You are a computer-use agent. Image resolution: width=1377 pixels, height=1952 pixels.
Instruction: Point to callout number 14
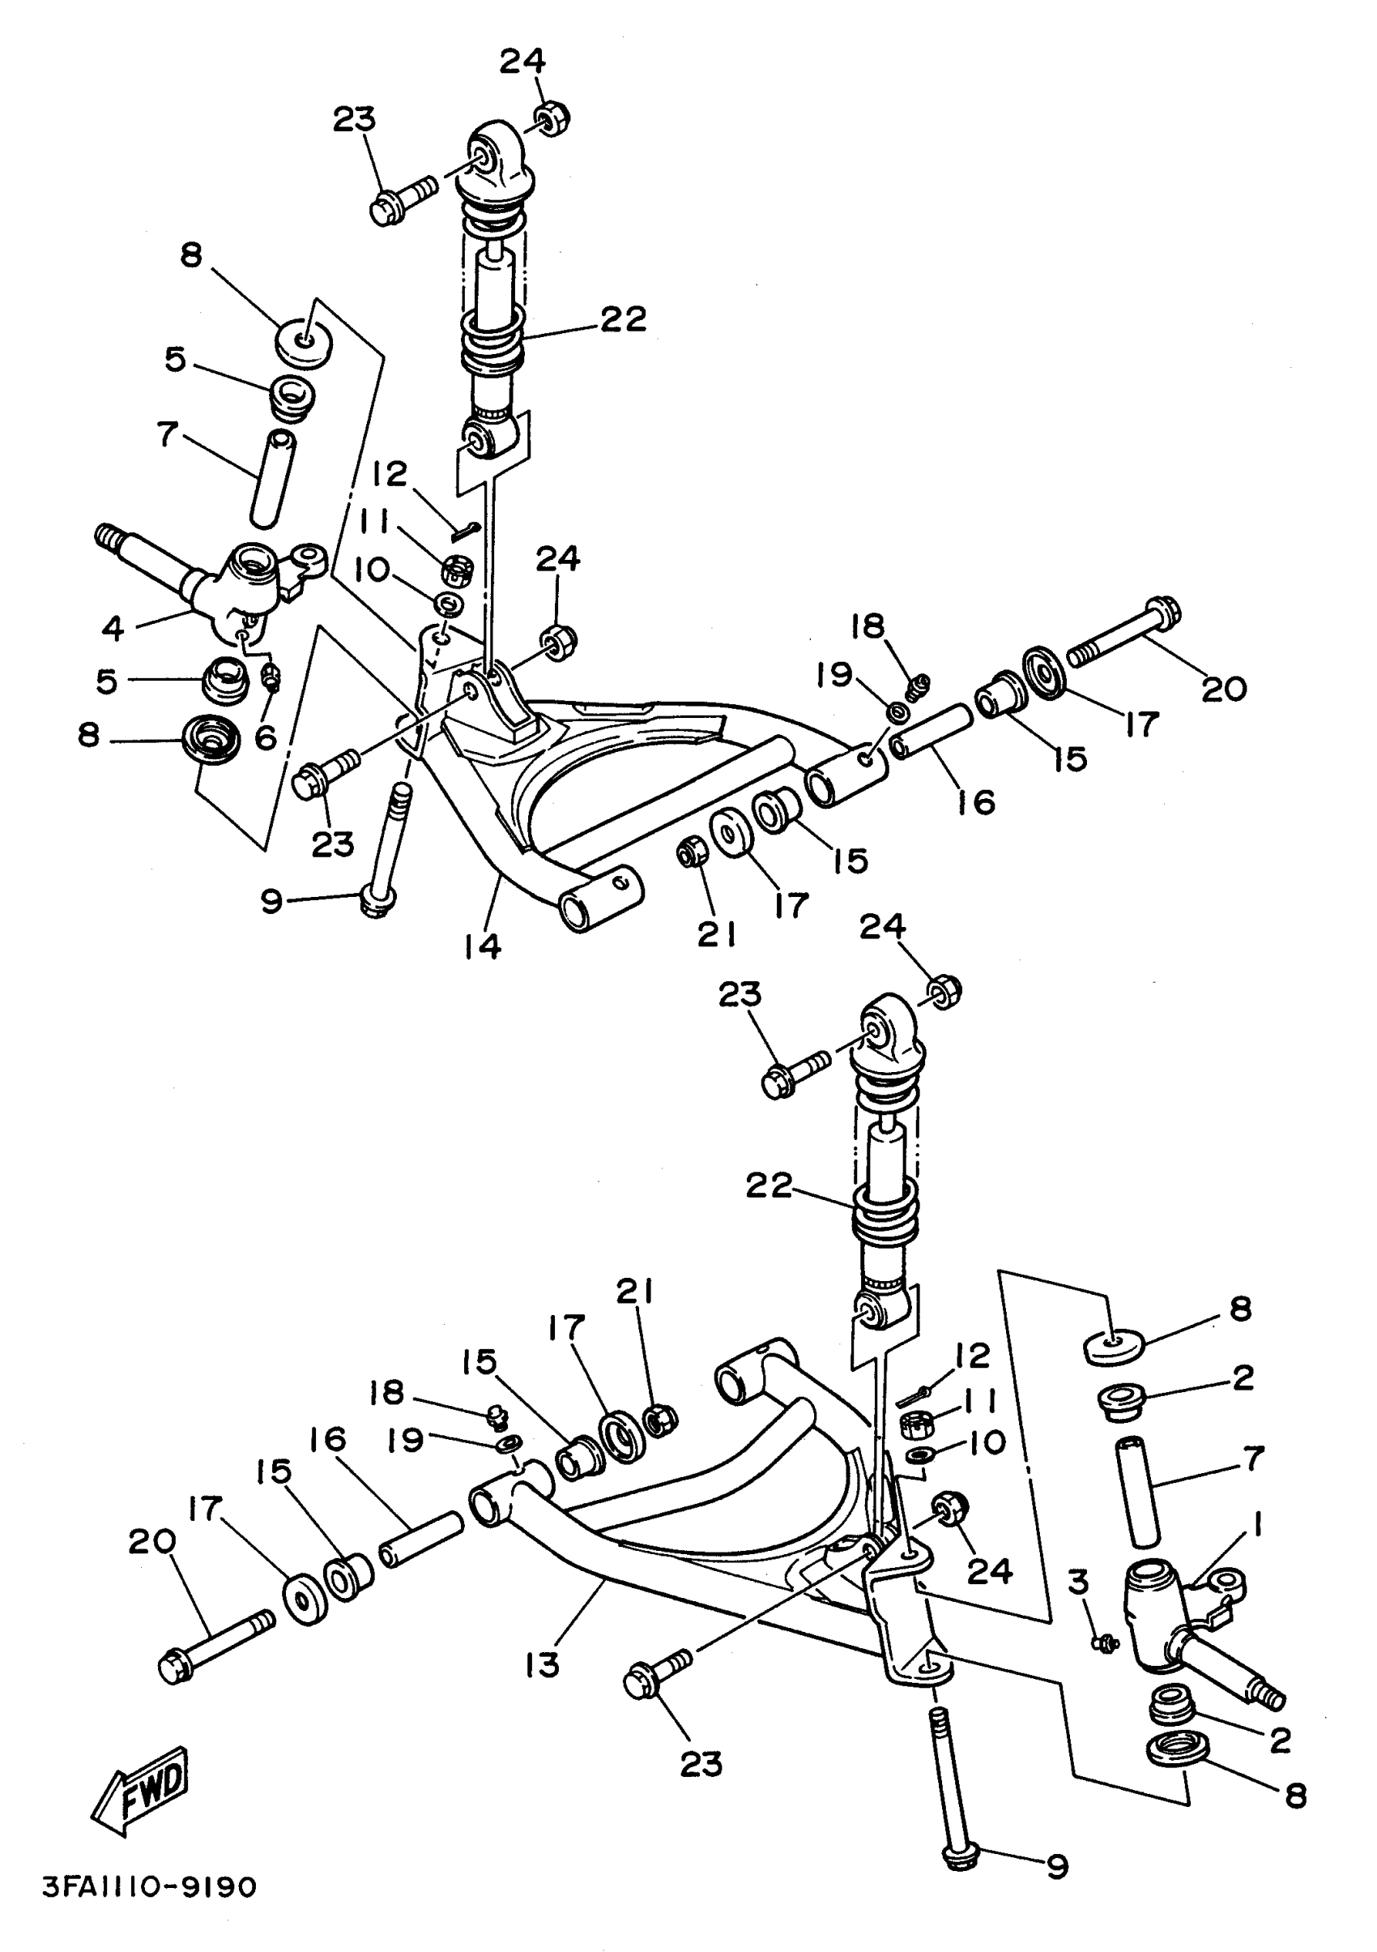(482, 946)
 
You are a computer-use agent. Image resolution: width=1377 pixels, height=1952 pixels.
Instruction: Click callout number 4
(113, 628)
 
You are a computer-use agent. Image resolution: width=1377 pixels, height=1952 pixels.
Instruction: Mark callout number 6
(265, 737)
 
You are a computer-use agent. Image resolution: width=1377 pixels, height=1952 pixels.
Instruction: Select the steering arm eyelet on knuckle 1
(1230, 1582)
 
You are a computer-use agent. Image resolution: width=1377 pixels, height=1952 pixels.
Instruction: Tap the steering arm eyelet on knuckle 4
(310, 558)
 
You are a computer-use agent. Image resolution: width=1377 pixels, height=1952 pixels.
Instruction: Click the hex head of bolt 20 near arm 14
(1166, 609)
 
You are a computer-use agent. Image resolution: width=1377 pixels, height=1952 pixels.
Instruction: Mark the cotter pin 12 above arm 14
(467, 531)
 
